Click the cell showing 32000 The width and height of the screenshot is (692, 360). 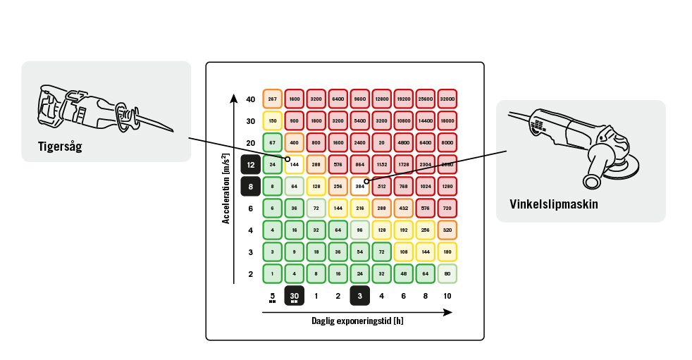click(x=447, y=99)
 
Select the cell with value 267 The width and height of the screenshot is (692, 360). click(x=273, y=99)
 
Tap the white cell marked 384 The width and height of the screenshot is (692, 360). click(x=360, y=187)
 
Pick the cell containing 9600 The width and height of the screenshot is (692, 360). click(x=360, y=99)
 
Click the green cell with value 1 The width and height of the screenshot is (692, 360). click(x=273, y=274)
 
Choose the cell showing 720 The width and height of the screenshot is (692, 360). click(x=447, y=209)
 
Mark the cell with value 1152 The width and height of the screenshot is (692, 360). click(x=382, y=165)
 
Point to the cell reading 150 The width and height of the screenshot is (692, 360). click(x=273, y=121)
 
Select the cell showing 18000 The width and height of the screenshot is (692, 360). click(x=447, y=121)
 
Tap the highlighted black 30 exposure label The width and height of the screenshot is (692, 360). click(x=295, y=297)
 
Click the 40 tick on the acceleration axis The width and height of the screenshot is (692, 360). click(x=251, y=99)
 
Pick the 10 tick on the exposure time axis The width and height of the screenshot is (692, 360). click(x=447, y=297)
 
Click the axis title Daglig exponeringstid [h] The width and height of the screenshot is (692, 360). click(x=357, y=321)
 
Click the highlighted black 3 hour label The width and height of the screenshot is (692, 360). click(x=360, y=297)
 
